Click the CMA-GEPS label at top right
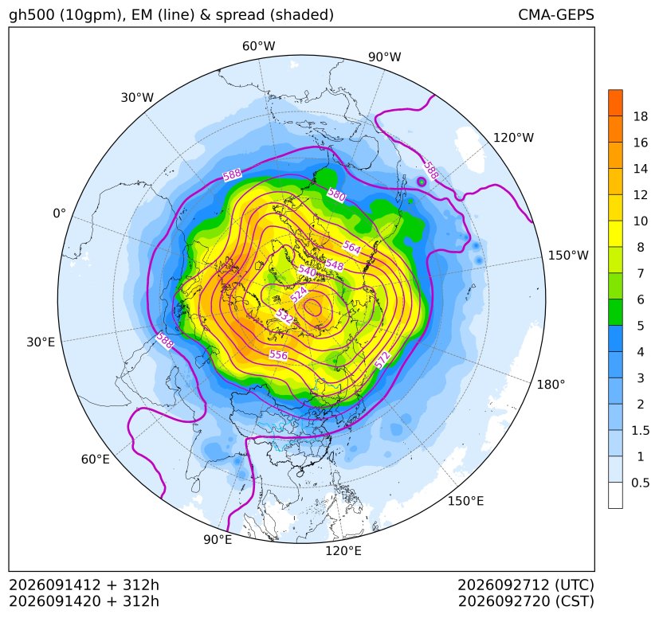(x=556, y=14)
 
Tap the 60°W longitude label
(x=258, y=46)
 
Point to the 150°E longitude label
(x=465, y=501)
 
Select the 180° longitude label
(x=551, y=384)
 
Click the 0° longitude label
(x=59, y=213)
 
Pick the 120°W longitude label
(x=513, y=138)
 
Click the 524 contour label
(x=299, y=295)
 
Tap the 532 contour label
(x=284, y=316)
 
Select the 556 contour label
(x=278, y=355)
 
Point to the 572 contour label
(x=382, y=360)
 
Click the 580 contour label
(x=336, y=194)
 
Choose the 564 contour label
(x=351, y=247)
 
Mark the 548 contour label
(x=335, y=265)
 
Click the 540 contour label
(x=307, y=271)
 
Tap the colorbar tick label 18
(x=641, y=116)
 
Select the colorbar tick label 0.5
(x=640, y=483)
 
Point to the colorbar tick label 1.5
(x=640, y=430)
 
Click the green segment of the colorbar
(x=615, y=312)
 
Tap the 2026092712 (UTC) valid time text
(x=526, y=585)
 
